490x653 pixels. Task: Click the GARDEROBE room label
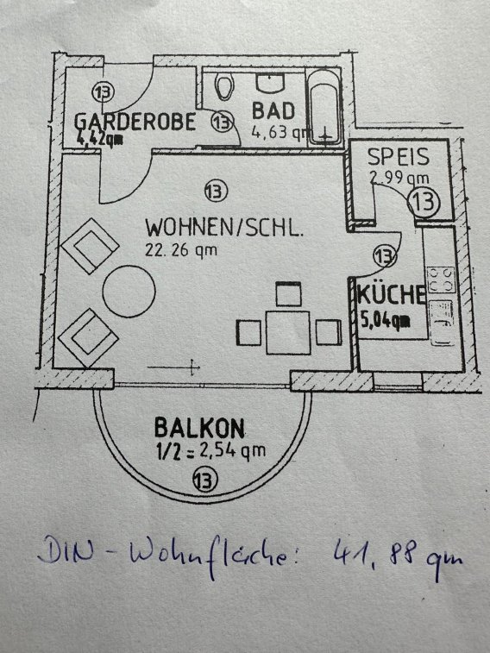coord(135,122)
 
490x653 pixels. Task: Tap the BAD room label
coord(273,110)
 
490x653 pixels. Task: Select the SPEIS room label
coord(398,157)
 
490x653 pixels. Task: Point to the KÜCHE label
coord(392,294)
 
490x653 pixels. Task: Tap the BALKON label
coord(199,428)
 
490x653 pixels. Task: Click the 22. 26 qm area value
coord(181,250)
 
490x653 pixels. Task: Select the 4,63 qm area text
coord(280,133)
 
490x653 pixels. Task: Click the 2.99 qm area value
coord(399,178)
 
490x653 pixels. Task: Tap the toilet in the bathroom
coord(224,86)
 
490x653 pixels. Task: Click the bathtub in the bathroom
coord(324,108)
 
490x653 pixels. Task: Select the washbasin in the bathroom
coord(271,83)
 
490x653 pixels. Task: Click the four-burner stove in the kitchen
coord(441,280)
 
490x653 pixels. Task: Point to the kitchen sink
coord(442,323)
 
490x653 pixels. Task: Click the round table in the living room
coord(129,291)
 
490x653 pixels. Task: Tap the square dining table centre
coord(288,333)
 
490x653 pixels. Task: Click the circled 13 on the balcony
coord(205,480)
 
